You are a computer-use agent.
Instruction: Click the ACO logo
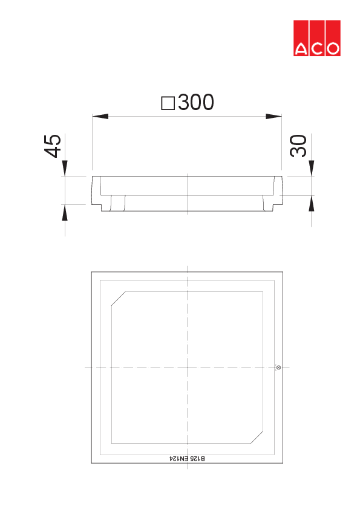click(x=316, y=39)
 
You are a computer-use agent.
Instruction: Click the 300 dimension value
click(x=196, y=103)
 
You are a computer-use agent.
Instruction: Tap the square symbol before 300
click(x=168, y=103)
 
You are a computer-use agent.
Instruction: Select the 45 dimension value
click(x=54, y=146)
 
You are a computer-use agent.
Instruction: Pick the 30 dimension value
click(x=299, y=146)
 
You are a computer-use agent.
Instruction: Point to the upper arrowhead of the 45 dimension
click(x=65, y=168)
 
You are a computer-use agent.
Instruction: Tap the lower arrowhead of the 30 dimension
click(x=312, y=203)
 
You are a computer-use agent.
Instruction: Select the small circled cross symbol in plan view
click(x=278, y=367)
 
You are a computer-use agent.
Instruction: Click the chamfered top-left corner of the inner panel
click(x=119, y=299)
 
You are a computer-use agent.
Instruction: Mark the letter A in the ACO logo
click(x=301, y=49)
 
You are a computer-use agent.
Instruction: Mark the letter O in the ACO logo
click(x=332, y=49)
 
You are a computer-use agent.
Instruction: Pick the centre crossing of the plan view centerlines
click(x=188, y=367)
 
